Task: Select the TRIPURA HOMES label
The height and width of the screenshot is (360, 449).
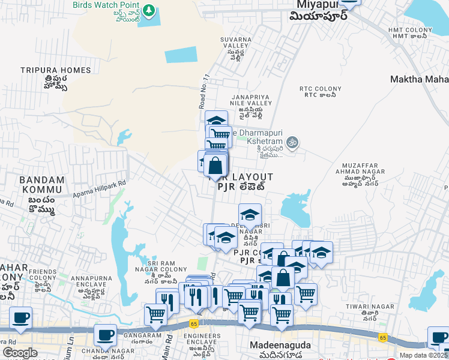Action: point(55,70)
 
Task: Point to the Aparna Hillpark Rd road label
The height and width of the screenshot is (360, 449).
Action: point(100,188)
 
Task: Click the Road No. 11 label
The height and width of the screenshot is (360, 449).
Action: point(205,91)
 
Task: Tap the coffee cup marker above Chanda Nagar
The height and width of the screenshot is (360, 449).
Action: point(106,335)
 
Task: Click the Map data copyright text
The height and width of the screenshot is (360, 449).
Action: point(424,355)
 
